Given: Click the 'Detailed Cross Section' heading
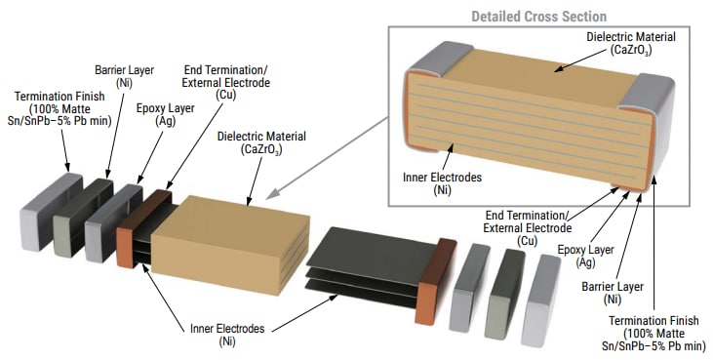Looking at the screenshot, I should [539, 16].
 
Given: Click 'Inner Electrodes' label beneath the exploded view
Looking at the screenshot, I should [226, 336].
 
